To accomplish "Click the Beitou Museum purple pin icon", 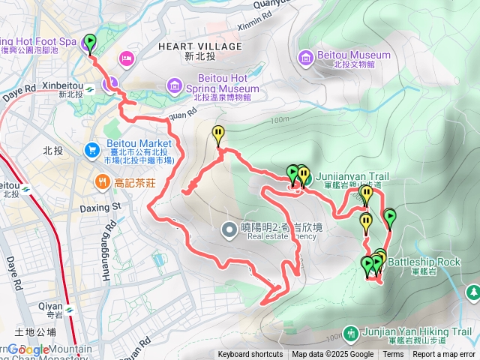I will click(x=306, y=58).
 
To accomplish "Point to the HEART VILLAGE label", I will click(x=200, y=46).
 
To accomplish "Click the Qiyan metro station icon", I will click(x=69, y=310).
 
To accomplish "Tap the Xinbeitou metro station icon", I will click(x=88, y=88).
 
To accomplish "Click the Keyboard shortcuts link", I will click(x=250, y=355).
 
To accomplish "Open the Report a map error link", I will click(x=444, y=355).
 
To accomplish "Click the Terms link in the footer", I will click(x=393, y=355).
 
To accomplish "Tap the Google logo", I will click(x=28, y=349).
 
